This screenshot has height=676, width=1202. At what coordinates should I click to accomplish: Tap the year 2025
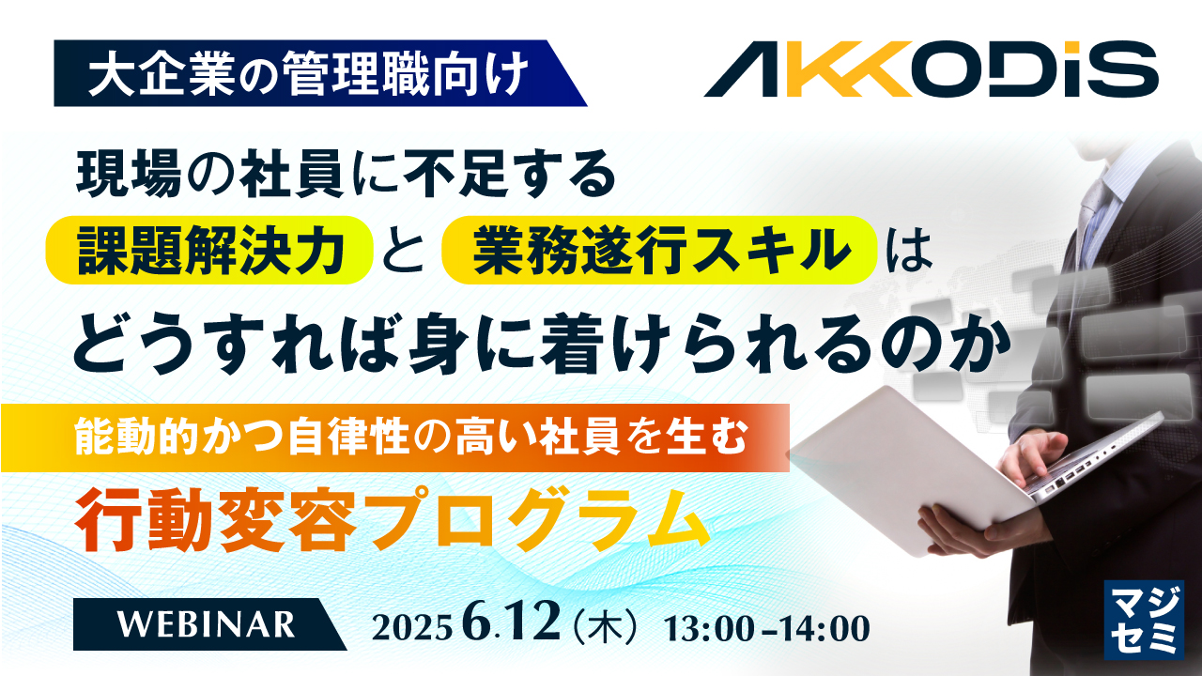(x=413, y=626)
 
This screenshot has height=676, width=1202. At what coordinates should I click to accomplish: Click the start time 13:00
(x=708, y=626)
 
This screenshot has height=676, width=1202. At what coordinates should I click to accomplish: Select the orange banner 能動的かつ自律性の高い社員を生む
(x=394, y=438)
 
